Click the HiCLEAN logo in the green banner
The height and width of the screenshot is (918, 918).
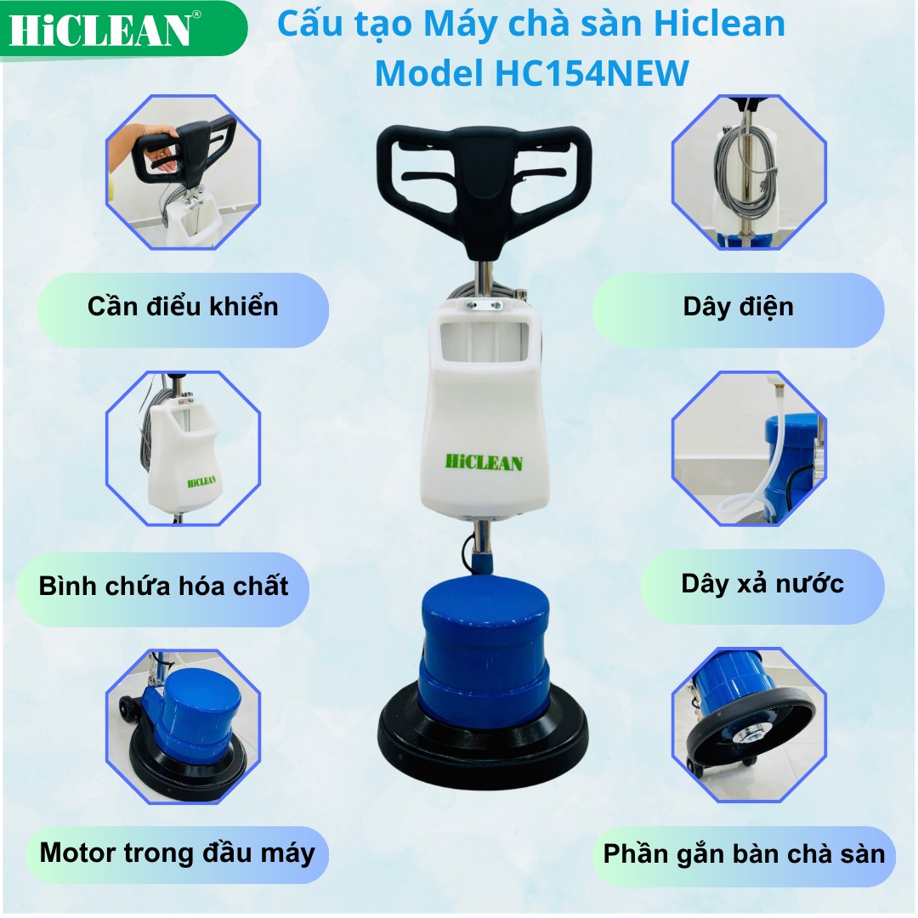[100, 31]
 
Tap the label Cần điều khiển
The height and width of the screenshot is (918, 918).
[183, 307]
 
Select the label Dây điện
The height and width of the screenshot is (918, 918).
[738, 307]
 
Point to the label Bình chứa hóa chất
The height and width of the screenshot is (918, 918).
[164, 586]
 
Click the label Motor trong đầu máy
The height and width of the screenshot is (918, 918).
[177, 853]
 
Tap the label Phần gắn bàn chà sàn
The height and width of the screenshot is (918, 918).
[744, 854]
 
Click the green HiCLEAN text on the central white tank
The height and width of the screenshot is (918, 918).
[484, 462]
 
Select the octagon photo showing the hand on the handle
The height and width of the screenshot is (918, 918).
[183, 173]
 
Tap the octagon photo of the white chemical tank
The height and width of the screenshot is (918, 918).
[183, 448]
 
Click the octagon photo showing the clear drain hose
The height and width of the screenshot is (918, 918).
[749, 448]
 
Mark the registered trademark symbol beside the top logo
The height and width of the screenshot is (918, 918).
[197, 14]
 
